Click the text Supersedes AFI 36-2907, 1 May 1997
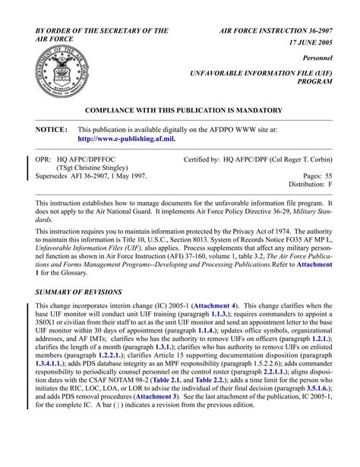pyautogui.click(x=91, y=176)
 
